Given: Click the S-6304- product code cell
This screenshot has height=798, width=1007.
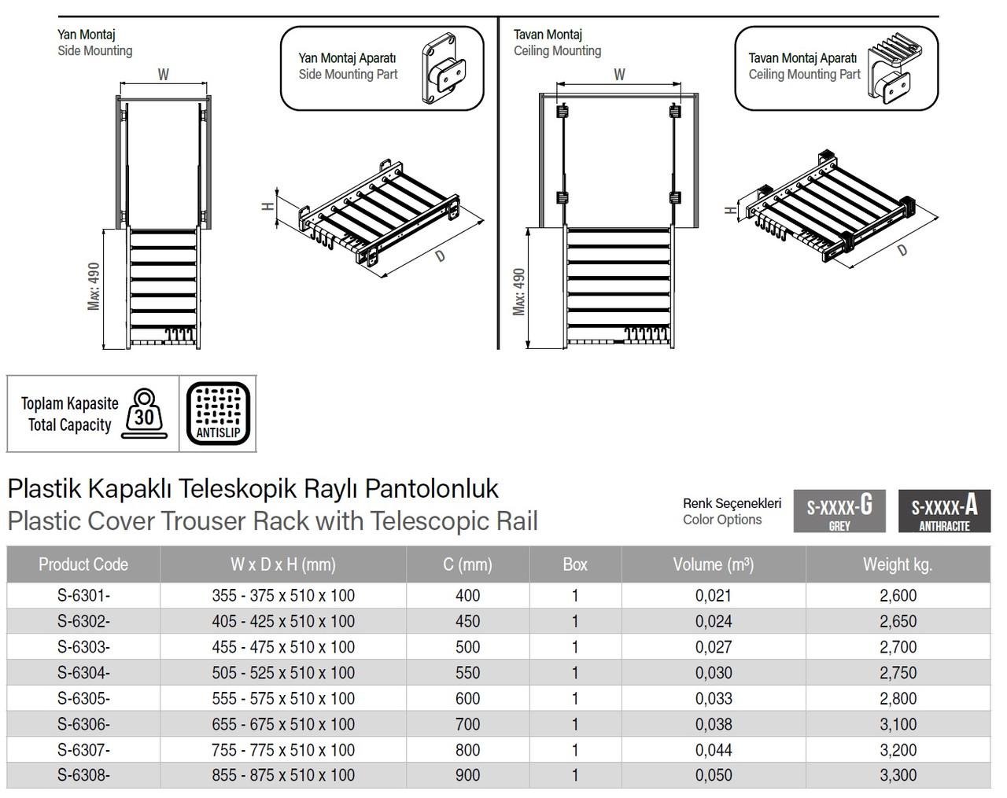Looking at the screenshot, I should (83, 673).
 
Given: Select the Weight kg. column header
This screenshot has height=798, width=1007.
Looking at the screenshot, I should (897, 564).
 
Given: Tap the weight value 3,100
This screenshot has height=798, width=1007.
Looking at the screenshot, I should (898, 724).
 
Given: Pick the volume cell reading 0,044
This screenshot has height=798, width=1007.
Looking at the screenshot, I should (713, 750).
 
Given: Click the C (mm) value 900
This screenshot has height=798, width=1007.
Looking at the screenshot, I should (467, 775).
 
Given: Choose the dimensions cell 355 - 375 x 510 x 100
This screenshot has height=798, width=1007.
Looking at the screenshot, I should (283, 596).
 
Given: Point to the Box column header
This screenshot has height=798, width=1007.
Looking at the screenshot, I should (575, 564).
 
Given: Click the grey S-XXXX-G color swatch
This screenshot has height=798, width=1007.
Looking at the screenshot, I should (839, 511).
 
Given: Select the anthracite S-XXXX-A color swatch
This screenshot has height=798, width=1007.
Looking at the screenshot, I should (944, 511).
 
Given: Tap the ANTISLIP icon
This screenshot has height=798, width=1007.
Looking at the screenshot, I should (218, 414).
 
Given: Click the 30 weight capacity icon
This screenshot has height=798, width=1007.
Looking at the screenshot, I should (145, 414).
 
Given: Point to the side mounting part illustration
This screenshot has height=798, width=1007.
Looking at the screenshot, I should (441, 69).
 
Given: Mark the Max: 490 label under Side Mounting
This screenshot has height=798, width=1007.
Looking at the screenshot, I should (94, 286).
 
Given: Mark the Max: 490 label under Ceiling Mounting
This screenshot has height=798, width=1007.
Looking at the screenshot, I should (518, 292).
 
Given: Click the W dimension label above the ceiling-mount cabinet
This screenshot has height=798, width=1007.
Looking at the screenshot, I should (619, 75).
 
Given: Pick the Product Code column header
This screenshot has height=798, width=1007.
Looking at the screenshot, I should (83, 564).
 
